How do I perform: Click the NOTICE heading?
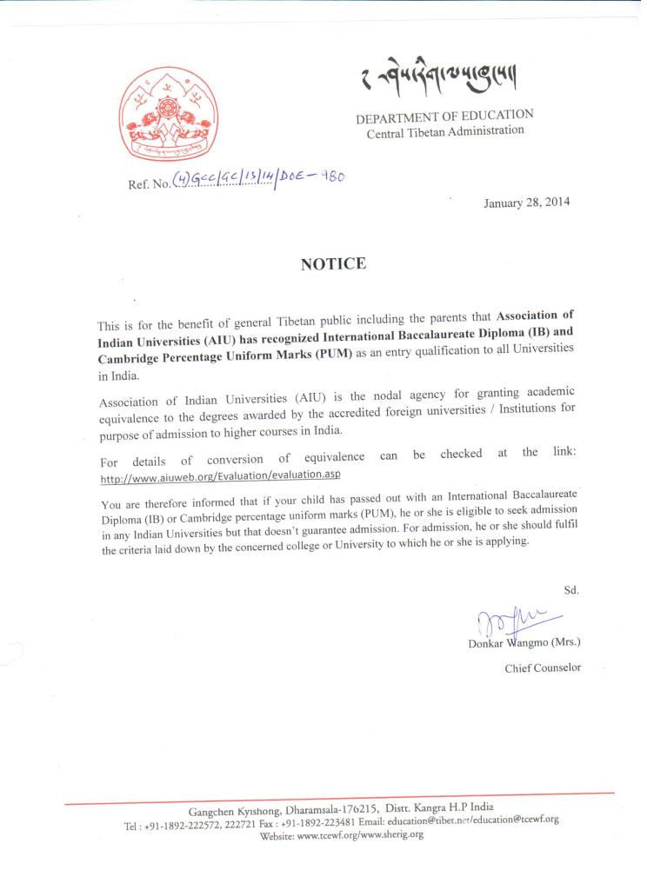click(333, 264)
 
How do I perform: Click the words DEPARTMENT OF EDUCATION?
click(444, 116)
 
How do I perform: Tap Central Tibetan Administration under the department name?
click(445, 133)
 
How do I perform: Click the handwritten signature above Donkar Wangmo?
click(504, 621)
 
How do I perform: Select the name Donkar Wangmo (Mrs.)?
click(524, 643)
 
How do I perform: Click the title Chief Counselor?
click(543, 668)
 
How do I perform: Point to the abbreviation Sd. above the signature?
click(571, 589)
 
